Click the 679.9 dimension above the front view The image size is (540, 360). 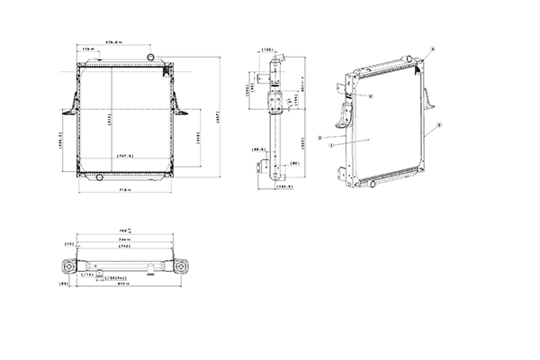click(114, 42)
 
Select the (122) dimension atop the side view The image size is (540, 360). click(267, 49)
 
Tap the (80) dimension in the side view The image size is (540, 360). click(294, 163)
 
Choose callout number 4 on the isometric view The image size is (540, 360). click(433, 48)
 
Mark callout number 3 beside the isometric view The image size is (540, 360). click(438, 124)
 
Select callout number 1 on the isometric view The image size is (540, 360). click(331, 145)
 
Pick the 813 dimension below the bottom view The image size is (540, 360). click(125, 283)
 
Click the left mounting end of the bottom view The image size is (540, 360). click(68, 266)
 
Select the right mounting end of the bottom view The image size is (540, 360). click(183, 266)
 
